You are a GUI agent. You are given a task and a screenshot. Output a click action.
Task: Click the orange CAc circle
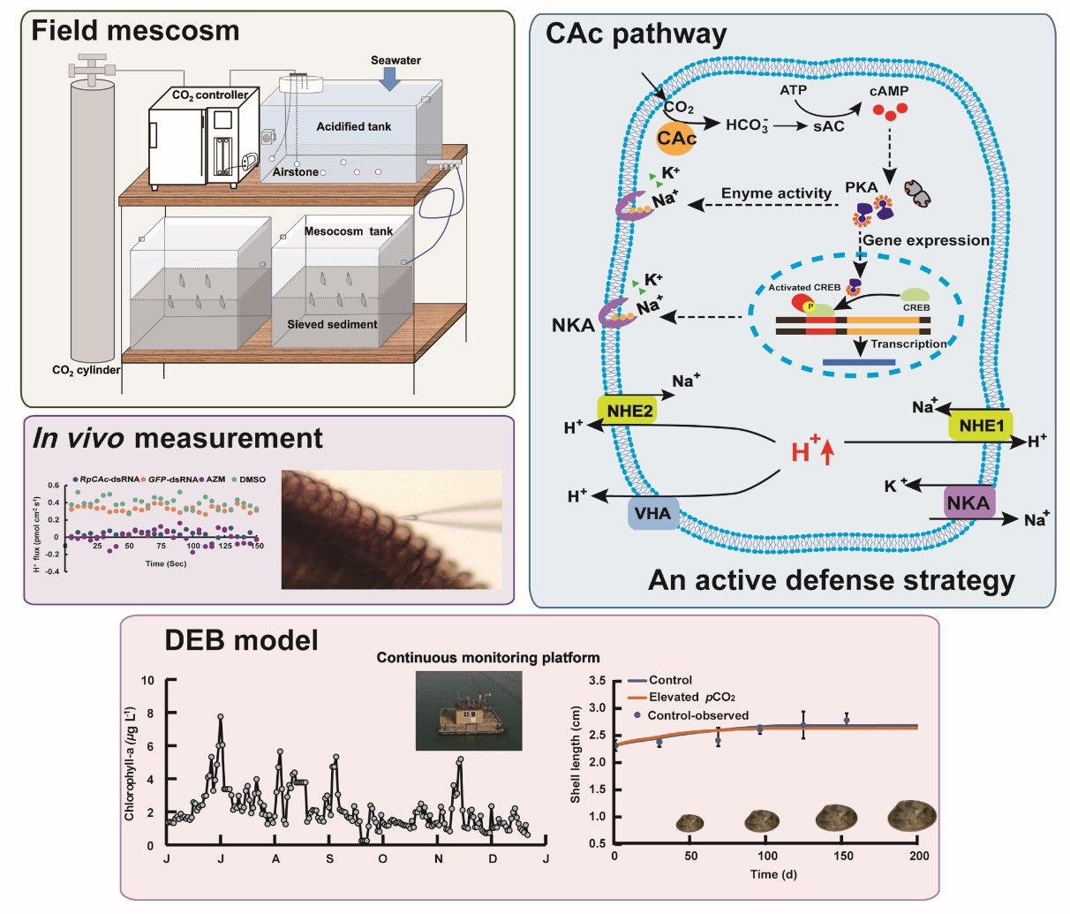pyautogui.click(x=676, y=139)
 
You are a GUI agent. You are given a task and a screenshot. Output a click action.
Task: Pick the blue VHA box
pyautogui.click(x=653, y=513)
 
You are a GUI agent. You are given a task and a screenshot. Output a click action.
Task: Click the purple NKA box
pyautogui.click(x=969, y=502)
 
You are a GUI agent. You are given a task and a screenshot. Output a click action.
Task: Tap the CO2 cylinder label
pyautogui.click(x=86, y=370)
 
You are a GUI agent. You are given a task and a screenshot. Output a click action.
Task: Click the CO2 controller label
pyautogui.click(x=209, y=94)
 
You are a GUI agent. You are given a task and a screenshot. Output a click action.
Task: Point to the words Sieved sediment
pyautogui.click(x=332, y=324)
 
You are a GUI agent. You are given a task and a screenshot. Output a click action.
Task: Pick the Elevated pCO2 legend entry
pyautogui.click(x=689, y=698)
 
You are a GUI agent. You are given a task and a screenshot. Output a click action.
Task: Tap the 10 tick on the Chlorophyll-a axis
pyautogui.click(x=149, y=681)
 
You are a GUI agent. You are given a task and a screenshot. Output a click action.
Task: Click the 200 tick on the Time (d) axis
pyautogui.click(x=919, y=857)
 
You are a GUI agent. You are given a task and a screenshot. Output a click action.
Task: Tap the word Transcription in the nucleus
pyautogui.click(x=908, y=344)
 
